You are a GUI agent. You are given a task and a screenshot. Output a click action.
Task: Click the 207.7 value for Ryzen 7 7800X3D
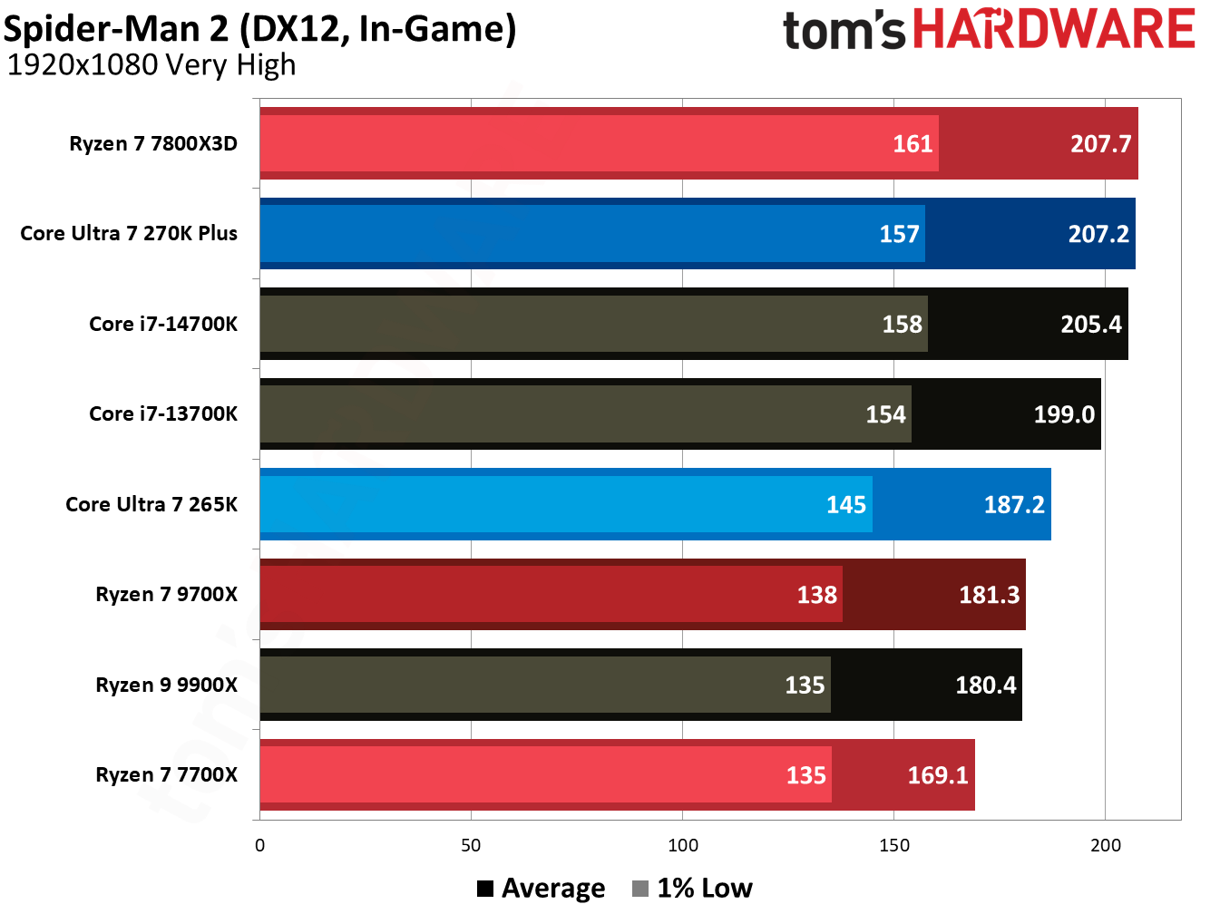(1100, 144)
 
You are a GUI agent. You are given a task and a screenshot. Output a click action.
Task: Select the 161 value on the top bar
(913, 144)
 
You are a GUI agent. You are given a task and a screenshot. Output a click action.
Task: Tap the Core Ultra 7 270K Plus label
(129, 234)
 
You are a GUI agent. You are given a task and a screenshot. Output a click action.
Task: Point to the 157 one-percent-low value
(899, 234)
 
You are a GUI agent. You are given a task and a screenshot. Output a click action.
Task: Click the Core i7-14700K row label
(163, 324)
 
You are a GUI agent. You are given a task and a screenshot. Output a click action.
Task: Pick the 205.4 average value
(1090, 325)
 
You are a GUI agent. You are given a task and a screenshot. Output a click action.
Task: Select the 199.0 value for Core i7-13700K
(1064, 414)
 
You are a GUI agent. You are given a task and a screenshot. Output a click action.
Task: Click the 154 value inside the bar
(885, 414)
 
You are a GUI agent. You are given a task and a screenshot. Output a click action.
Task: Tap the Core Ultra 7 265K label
(151, 504)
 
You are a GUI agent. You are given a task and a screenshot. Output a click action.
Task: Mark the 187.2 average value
(1014, 505)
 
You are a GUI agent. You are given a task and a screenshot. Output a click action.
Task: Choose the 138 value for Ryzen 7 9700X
(816, 595)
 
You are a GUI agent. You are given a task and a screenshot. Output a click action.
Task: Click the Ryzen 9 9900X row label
(167, 685)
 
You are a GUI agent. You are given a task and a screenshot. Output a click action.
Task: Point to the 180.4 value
(985, 685)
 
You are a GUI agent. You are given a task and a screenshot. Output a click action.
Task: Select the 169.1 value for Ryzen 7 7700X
(938, 775)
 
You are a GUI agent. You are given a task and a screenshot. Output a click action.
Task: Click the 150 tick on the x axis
(893, 845)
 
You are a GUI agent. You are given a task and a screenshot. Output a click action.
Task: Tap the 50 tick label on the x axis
(471, 845)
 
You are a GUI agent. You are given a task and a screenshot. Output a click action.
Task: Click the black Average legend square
(485, 889)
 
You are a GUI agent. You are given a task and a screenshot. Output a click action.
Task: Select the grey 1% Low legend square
(640, 889)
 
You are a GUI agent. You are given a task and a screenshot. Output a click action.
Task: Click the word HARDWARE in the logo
(1053, 29)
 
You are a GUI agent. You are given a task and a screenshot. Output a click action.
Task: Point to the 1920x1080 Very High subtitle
(151, 65)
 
